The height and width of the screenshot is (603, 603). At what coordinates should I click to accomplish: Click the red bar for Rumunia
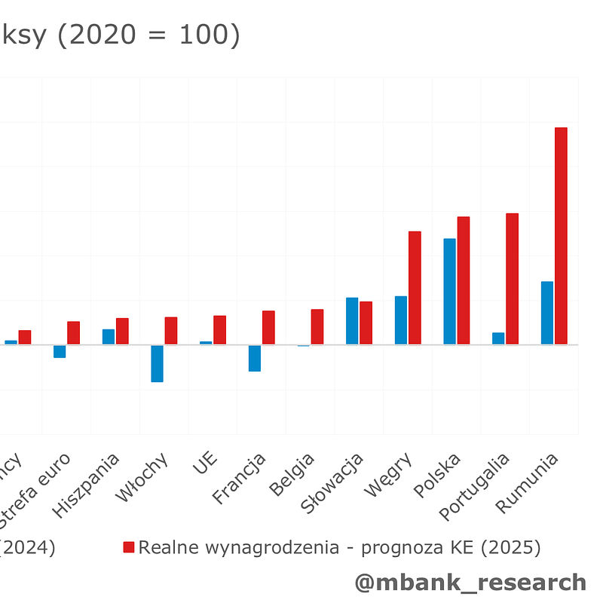click(x=561, y=236)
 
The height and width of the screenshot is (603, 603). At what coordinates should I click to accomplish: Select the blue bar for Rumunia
click(x=547, y=313)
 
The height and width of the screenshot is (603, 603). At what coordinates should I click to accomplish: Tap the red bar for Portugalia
click(x=512, y=279)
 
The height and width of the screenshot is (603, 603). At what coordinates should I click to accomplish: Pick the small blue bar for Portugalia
click(x=498, y=338)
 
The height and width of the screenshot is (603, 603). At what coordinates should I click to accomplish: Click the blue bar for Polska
click(x=449, y=292)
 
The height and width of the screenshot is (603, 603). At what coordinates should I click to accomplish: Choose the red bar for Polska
click(x=464, y=280)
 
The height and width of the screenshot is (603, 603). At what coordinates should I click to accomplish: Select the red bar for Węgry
click(x=415, y=288)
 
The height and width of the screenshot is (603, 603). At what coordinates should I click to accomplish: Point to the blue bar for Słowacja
click(x=352, y=321)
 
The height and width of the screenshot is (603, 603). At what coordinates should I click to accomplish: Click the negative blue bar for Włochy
click(x=157, y=363)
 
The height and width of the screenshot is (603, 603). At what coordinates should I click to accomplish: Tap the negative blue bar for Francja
click(x=255, y=358)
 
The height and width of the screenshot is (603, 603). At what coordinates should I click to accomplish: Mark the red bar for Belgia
click(x=317, y=327)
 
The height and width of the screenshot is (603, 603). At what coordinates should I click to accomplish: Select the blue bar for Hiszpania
click(x=109, y=337)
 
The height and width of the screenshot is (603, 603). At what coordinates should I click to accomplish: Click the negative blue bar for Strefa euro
click(x=60, y=351)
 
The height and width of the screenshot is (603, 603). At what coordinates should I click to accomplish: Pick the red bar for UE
click(x=219, y=330)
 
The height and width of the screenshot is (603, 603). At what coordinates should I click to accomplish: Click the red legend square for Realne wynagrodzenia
click(x=129, y=547)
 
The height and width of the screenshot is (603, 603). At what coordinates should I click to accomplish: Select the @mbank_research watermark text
click(x=470, y=582)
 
